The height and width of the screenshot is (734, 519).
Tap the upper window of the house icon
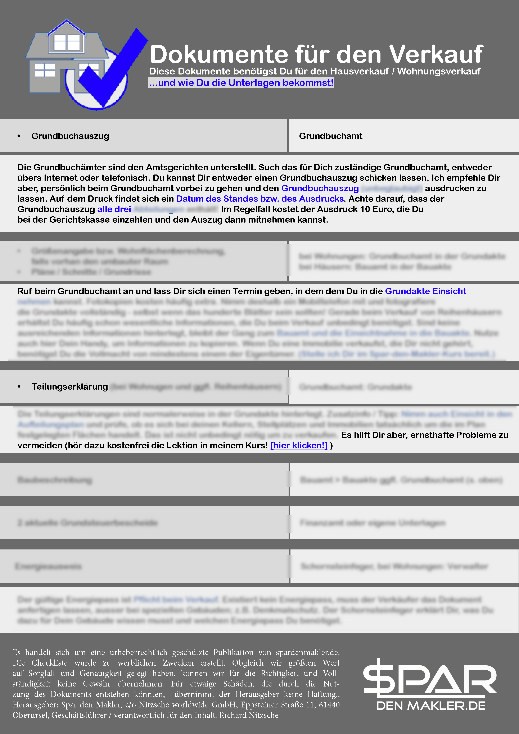tap(67, 42)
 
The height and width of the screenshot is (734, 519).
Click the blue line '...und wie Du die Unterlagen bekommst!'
tap(241, 83)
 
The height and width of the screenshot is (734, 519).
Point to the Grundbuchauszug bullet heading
tap(70, 136)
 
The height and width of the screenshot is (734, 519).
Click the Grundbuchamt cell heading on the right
tap(330, 136)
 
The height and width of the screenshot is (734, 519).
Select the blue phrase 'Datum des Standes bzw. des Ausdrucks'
tap(260, 199)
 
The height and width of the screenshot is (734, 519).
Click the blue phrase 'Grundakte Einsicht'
tap(425, 291)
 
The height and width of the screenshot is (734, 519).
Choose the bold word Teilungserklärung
tap(69, 386)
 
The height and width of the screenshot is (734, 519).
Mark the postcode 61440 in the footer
tap(329, 704)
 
